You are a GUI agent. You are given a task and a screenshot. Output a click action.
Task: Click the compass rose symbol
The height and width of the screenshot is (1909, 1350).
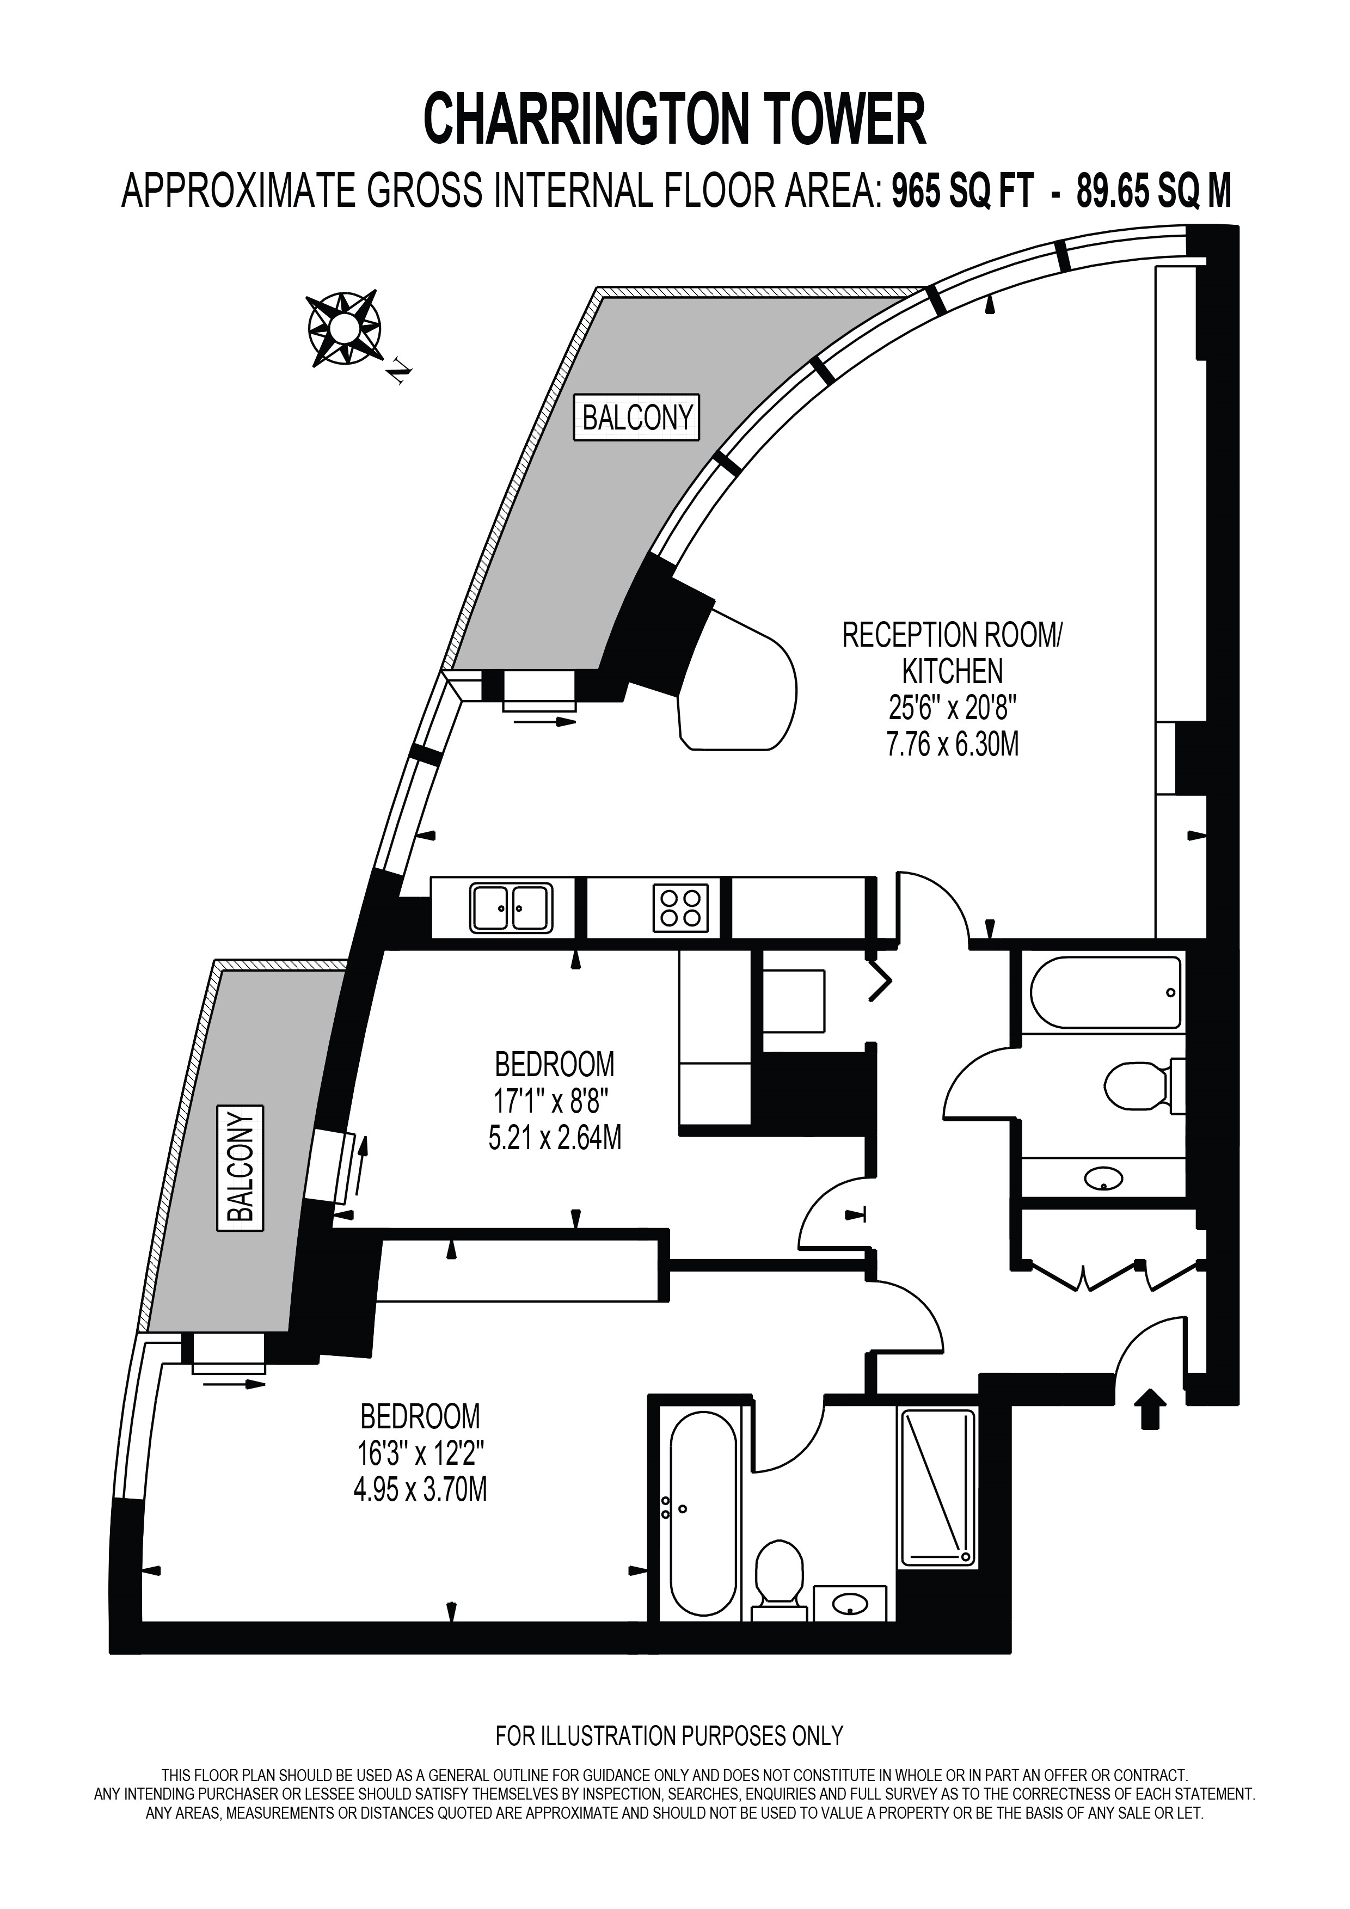[x=344, y=329]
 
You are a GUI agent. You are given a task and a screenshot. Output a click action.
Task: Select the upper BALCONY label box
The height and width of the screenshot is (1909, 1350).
[x=637, y=418]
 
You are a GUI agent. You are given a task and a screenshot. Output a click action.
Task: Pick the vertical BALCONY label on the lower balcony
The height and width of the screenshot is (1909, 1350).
[x=240, y=1168]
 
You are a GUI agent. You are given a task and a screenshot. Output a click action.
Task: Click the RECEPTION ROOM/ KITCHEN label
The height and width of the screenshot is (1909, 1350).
[x=953, y=653]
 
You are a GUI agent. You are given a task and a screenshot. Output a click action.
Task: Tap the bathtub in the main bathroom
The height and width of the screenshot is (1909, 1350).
[x=1106, y=993]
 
